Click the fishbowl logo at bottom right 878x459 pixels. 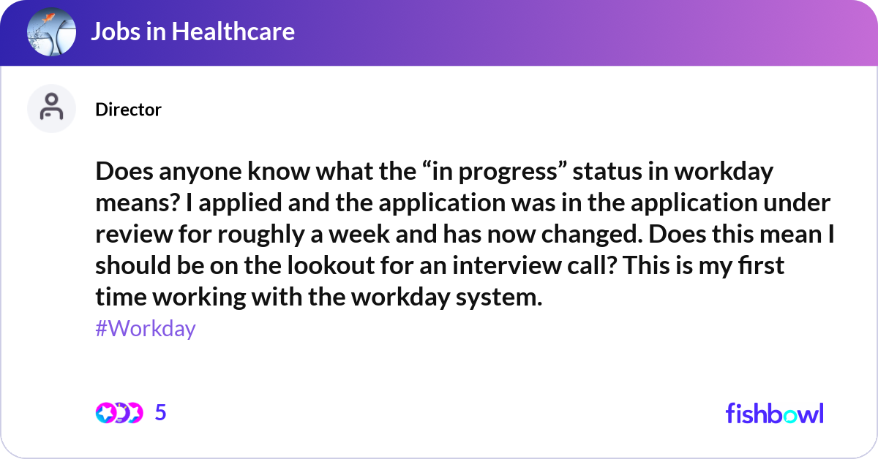pos(775,414)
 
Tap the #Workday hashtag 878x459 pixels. pos(146,328)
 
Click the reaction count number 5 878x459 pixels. pos(161,412)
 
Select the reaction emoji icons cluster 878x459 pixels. pos(119,413)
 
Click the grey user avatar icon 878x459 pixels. pos(51,108)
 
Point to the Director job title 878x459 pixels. pos(128,110)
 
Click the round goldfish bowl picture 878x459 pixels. pos(51,31)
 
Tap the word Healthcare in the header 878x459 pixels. pos(233,31)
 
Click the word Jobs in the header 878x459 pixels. pos(116,31)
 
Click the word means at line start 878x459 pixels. pos(138,203)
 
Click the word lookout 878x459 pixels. pos(331,265)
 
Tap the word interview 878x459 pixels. pos(507,265)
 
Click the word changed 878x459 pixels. pos(592,234)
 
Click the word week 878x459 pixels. pos(359,234)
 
